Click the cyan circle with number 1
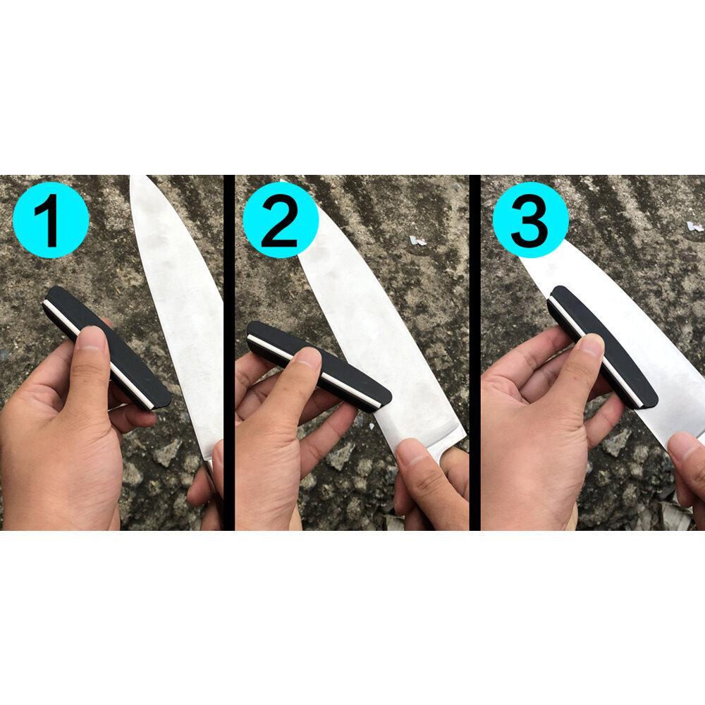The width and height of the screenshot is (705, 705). point(51,219)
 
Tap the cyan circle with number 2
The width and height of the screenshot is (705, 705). point(280,219)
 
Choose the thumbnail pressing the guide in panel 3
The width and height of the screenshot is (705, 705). point(591,345)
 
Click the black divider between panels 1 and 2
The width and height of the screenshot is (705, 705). point(229,352)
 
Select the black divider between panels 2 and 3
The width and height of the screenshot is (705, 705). point(474,352)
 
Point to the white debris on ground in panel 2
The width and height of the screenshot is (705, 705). point(418,240)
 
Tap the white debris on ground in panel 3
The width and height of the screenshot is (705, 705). point(694,226)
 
